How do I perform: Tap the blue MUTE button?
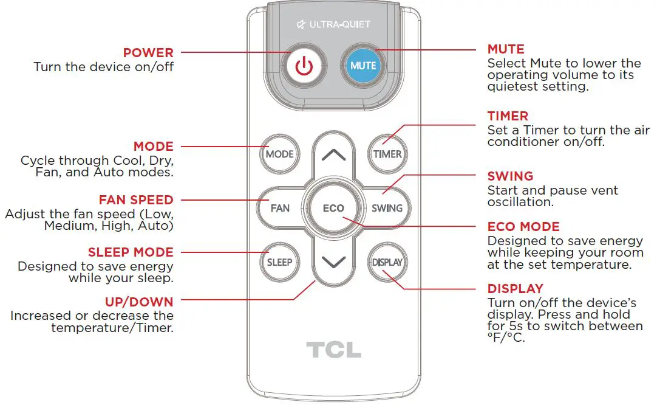point(363,65)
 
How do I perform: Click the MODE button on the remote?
point(279,154)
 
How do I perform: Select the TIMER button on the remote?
point(387,154)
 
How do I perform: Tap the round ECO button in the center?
point(333,208)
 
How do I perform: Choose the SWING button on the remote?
point(387,208)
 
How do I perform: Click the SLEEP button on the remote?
point(279,262)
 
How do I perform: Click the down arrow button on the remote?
point(333,262)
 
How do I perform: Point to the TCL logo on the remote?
point(333,350)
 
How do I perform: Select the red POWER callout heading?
point(148,53)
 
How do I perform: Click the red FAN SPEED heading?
point(136,200)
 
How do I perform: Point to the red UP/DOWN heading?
point(138,302)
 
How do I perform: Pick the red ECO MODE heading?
point(523,227)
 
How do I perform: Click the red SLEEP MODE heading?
point(131,252)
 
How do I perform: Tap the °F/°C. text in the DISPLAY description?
point(506,337)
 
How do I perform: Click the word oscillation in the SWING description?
point(520,202)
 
